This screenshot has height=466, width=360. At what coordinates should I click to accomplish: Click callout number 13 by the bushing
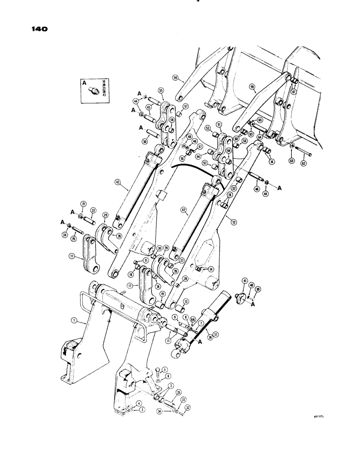[186, 301]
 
